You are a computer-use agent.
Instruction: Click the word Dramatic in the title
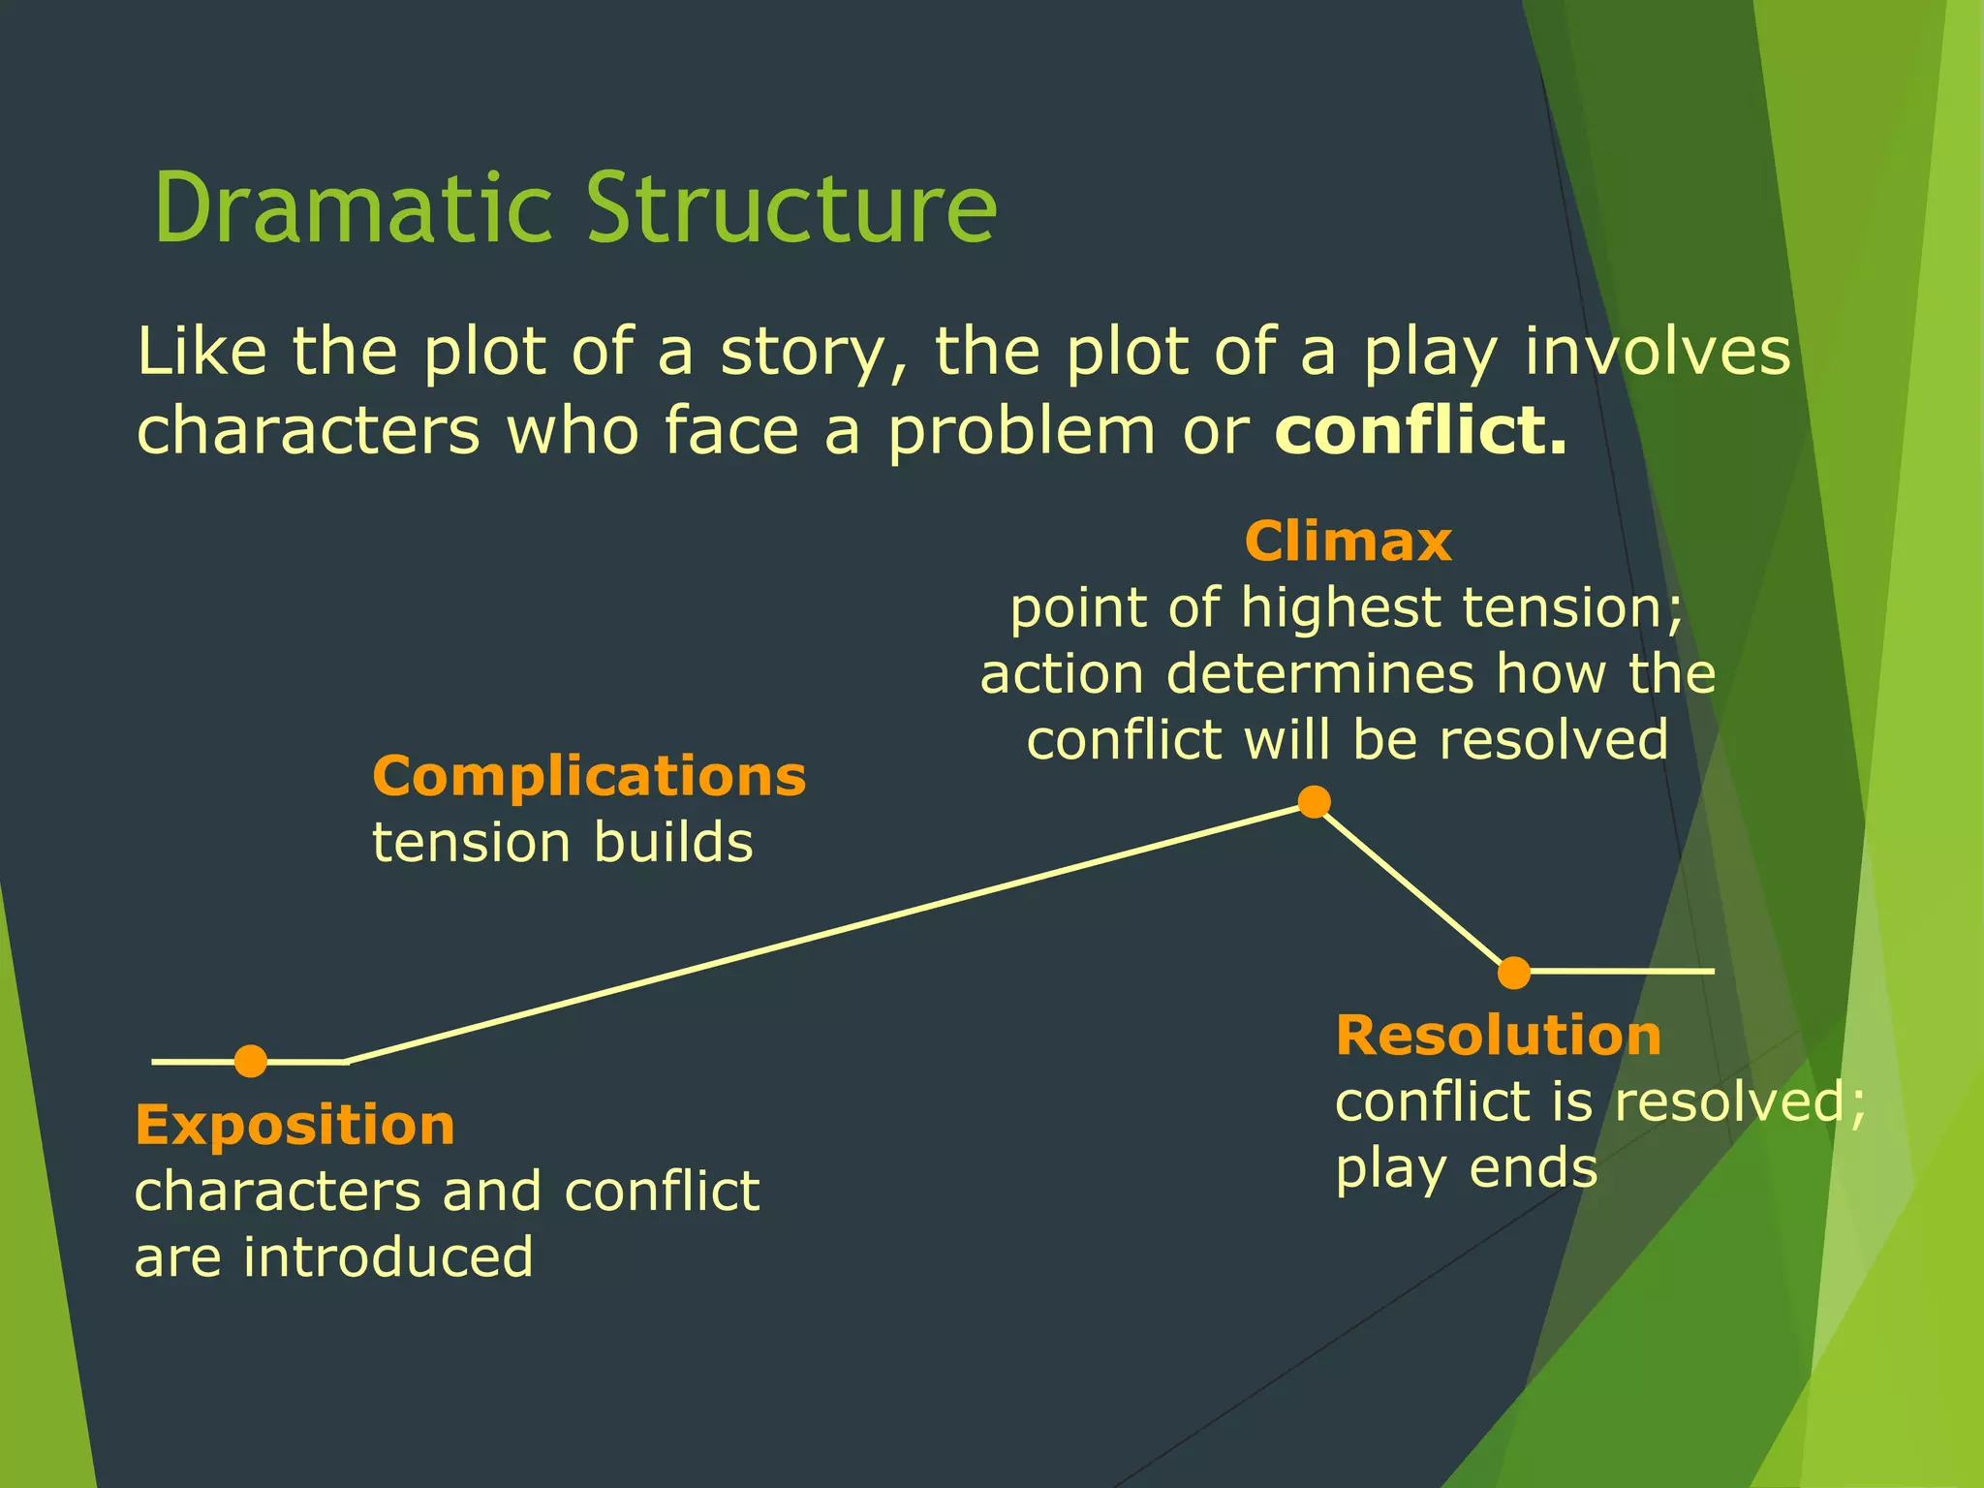(x=354, y=208)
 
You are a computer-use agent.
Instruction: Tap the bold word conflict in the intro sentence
(x=1420, y=430)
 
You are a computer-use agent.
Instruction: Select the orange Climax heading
(x=1348, y=541)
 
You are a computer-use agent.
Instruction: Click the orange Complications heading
(x=589, y=776)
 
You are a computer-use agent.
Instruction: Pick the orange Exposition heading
(x=294, y=1125)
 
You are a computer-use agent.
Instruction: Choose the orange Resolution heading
(x=1498, y=1036)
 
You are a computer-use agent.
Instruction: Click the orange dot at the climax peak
(x=1314, y=802)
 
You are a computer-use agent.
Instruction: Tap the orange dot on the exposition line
(x=251, y=1062)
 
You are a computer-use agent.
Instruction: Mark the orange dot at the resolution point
(x=1514, y=973)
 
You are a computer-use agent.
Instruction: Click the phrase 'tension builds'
(x=563, y=842)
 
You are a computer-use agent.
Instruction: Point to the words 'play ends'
(x=1466, y=1168)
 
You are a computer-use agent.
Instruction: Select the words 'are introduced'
(x=334, y=1257)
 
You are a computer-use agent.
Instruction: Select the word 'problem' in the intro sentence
(x=1022, y=432)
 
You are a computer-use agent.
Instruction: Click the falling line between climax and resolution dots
(x=1414, y=887)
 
